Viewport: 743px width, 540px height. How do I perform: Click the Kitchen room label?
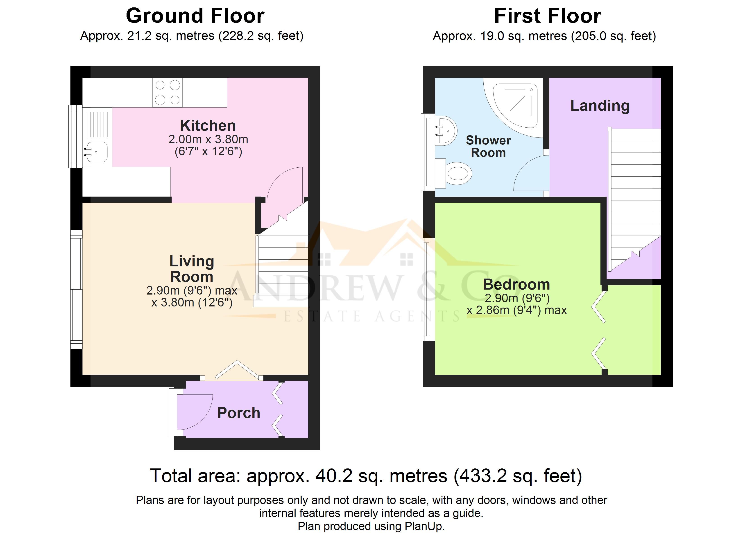(x=208, y=125)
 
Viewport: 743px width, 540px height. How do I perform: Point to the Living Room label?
(x=192, y=269)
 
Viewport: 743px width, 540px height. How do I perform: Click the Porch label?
(x=239, y=413)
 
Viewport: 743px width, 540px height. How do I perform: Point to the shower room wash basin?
(x=445, y=130)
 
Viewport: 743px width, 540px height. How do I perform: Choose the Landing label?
(x=600, y=106)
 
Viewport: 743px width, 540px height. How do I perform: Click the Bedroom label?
(x=516, y=284)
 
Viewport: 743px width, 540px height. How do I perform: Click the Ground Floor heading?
(x=195, y=16)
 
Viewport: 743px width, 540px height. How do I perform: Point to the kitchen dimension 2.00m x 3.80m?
(x=208, y=139)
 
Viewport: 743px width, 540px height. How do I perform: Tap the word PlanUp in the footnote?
(x=424, y=526)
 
